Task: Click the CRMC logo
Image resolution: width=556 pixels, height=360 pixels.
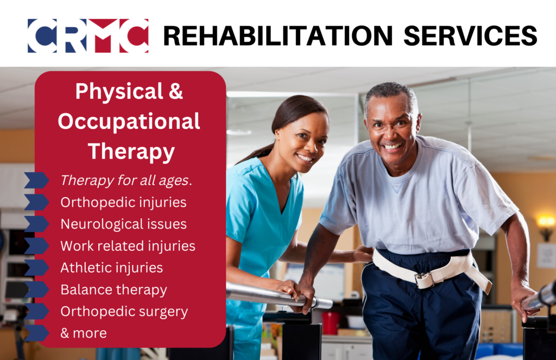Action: (x=88, y=36)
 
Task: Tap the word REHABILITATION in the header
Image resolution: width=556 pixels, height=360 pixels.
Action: (x=277, y=36)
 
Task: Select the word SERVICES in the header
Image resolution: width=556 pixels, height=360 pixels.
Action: (x=470, y=36)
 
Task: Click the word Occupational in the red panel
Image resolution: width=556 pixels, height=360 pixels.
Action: (x=129, y=121)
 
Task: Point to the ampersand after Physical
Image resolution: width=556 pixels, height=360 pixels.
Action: (x=175, y=91)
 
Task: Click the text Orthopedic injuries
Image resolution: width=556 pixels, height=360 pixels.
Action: (x=123, y=202)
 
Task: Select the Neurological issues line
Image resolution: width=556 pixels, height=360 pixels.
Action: (x=123, y=224)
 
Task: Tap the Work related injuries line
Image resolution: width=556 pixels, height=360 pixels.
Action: (x=128, y=246)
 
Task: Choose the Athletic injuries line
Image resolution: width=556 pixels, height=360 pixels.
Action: (x=112, y=268)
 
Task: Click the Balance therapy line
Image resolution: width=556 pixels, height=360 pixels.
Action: (x=113, y=290)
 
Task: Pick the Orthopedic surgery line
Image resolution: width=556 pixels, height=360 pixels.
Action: (x=124, y=312)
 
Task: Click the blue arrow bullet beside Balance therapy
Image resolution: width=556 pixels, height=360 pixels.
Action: (x=36, y=289)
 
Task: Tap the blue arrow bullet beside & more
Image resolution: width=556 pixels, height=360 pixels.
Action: (x=36, y=333)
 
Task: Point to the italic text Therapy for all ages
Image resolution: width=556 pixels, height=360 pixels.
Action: (x=126, y=180)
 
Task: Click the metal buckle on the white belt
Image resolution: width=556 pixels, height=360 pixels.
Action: (x=425, y=280)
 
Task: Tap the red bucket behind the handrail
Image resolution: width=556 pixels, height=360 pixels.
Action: (x=331, y=323)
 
